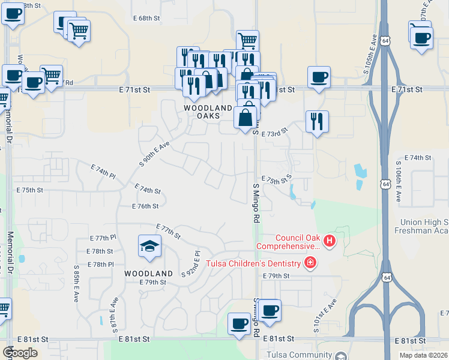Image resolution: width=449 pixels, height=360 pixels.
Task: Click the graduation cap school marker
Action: click(x=149, y=246)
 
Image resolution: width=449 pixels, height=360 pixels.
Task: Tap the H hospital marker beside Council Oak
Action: click(x=329, y=242)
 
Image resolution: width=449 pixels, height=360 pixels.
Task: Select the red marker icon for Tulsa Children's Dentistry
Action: click(x=310, y=263)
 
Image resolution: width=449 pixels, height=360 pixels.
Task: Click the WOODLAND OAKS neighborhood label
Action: click(x=208, y=112)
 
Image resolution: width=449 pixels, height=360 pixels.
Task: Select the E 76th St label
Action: click(x=145, y=206)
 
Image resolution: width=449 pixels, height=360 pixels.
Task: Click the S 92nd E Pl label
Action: click(x=190, y=264)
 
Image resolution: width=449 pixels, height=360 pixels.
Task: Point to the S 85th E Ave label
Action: click(x=77, y=284)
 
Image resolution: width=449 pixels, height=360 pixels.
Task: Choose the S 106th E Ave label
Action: click(x=398, y=181)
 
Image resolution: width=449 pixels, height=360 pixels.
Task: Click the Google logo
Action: click(x=20, y=353)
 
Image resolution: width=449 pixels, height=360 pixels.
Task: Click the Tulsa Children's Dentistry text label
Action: click(x=253, y=263)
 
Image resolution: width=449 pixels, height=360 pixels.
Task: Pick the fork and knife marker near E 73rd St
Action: click(x=316, y=122)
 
